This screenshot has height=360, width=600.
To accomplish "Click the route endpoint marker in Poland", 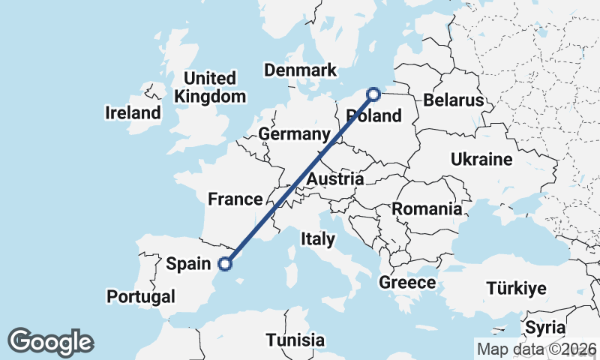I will pyautogui.click(x=373, y=94).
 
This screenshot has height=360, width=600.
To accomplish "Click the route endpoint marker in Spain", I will pyautogui.click(x=224, y=263).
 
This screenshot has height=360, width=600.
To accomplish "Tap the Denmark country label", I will pyautogui.click(x=300, y=70).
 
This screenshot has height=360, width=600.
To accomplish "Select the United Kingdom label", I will pyautogui.click(x=210, y=87).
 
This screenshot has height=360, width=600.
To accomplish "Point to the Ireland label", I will pyautogui.click(x=133, y=113).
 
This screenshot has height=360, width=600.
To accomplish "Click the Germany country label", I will pyautogui.click(x=294, y=134).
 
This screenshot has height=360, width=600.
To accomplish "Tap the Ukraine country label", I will pyautogui.click(x=481, y=159).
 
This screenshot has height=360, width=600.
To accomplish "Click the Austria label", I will pyautogui.click(x=335, y=179).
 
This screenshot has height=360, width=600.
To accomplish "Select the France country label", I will pyautogui.click(x=235, y=199).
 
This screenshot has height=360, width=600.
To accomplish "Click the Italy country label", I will pyautogui.click(x=317, y=238).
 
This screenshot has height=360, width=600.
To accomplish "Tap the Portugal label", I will pyautogui.click(x=140, y=296).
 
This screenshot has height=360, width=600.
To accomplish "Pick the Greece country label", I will pyautogui.click(x=407, y=283).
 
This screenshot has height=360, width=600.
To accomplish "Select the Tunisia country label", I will pyautogui.click(x=295, y=340).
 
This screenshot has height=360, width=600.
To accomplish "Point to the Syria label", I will pyautogui.click(x=544, y=328).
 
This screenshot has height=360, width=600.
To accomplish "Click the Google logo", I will pyautogui.click(x=50, y=342).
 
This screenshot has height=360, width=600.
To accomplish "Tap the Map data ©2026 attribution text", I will pyautogui.click(x=536, y=349).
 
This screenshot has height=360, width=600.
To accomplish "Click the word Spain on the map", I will pyautogui.click(x=187, y=263).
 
